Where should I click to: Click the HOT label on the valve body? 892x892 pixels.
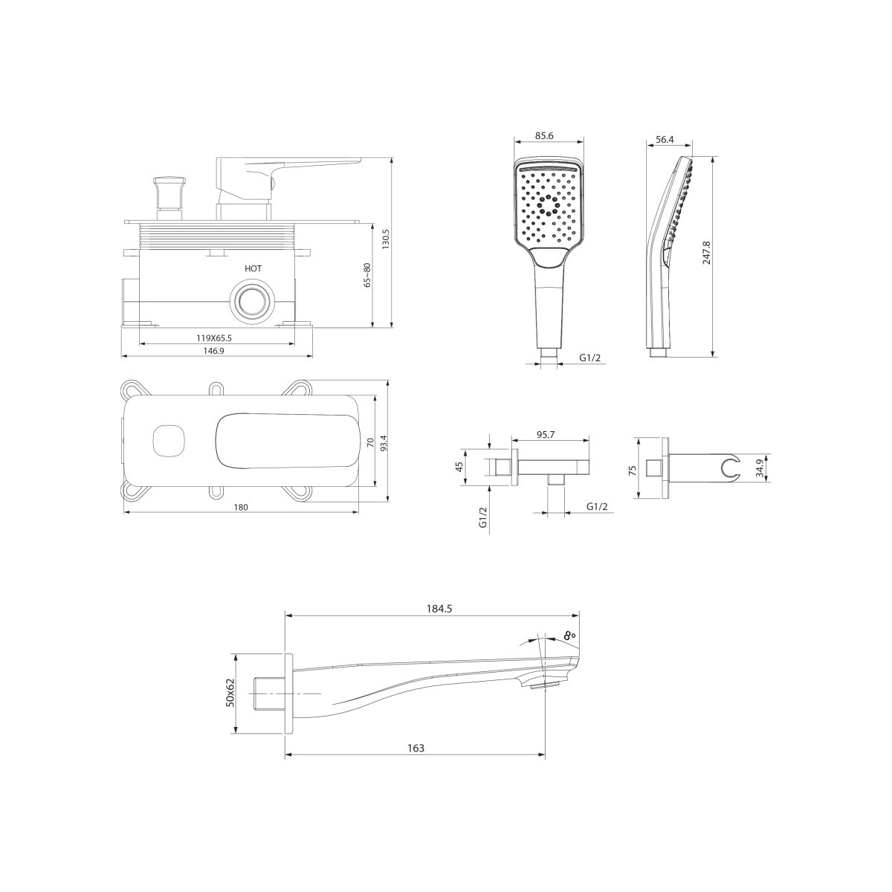253,268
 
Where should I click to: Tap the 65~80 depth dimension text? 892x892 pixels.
367,275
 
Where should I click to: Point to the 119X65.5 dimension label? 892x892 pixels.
214,338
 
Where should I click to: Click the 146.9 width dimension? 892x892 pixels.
214,351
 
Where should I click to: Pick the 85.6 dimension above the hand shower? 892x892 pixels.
544,136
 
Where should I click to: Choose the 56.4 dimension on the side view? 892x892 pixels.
665,139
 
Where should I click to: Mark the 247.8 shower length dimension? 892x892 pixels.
706,252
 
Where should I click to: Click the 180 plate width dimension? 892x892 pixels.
241,508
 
